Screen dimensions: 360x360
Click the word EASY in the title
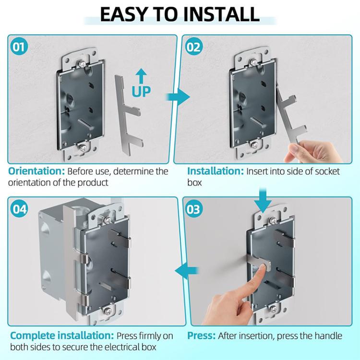126,14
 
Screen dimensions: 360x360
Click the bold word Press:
201,336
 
